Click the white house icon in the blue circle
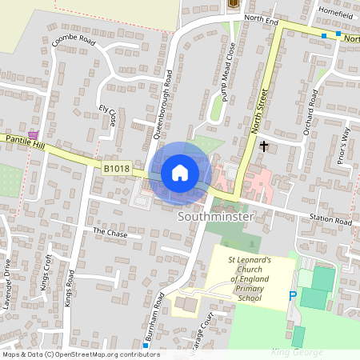[x=180, y=172]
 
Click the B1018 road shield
[x=115, y=168]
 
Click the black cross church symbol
[x=264, y=146]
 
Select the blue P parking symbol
[x=293, y=296]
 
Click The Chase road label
[x=110, y=231]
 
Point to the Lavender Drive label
[x=8, y=277]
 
